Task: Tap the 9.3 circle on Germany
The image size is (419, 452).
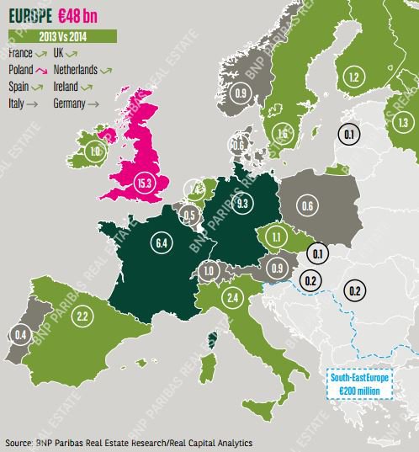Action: [241, 203]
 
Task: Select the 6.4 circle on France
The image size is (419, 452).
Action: [162, 244]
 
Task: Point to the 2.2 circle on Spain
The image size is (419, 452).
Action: [82, 316]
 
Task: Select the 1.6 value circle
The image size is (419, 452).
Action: [282, 132]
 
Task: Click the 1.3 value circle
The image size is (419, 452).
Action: [403, 123]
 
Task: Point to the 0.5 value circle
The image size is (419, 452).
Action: [190, 215]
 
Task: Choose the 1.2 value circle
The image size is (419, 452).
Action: [353, 78]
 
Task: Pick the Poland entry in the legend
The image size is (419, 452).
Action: [25, 69]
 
